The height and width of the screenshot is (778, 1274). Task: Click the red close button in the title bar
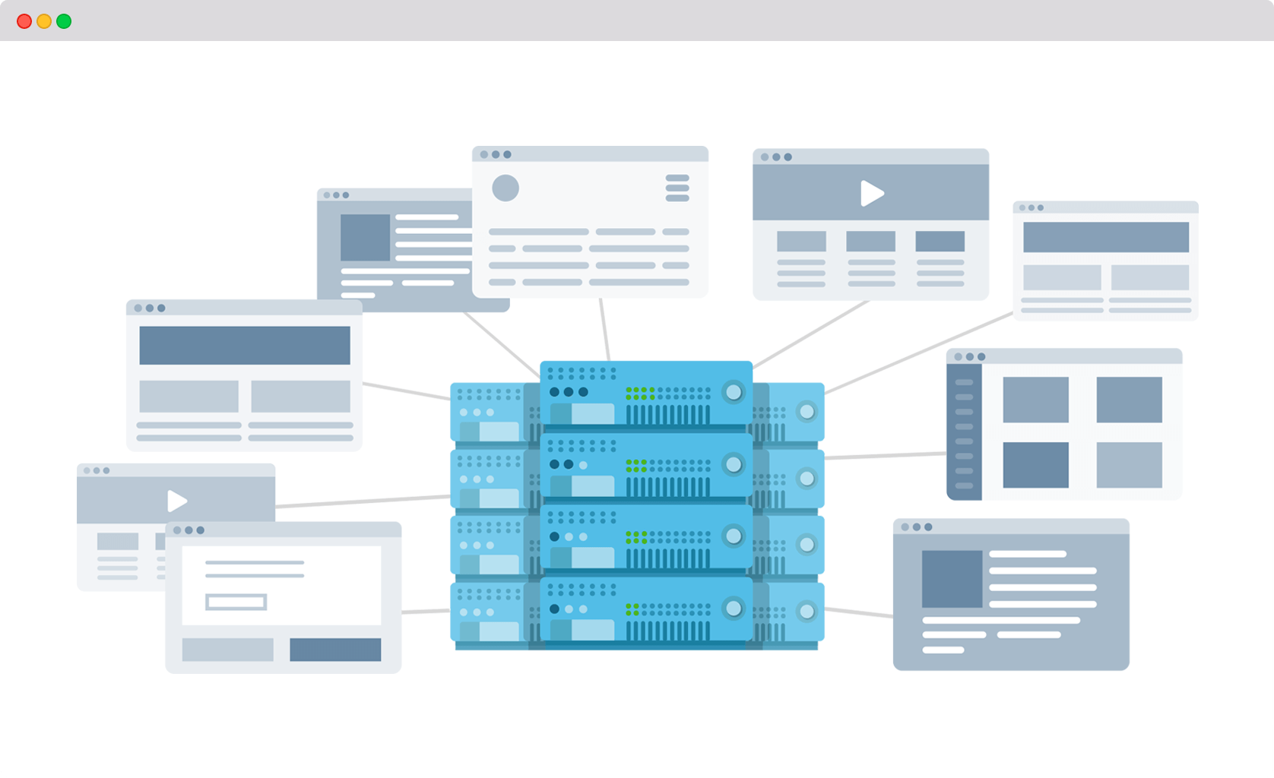24,21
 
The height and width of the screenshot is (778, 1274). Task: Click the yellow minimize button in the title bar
44,21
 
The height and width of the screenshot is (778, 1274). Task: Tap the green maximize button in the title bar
64,21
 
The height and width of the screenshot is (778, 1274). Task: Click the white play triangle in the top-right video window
871,194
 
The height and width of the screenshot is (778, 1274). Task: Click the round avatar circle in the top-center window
505,188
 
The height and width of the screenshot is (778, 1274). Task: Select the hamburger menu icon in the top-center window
677,188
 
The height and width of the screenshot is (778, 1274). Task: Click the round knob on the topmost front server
734,392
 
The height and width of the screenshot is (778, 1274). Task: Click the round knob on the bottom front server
734,608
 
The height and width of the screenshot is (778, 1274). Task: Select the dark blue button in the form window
335,650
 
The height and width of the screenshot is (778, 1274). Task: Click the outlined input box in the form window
236,602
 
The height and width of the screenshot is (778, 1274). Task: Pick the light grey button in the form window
228,650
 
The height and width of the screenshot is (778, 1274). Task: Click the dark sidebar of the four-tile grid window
964,432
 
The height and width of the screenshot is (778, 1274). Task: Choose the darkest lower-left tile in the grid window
1035,465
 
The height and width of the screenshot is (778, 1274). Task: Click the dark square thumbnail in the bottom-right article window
952,579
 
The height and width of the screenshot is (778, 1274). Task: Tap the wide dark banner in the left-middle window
245,346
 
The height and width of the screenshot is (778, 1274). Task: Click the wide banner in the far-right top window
1106,237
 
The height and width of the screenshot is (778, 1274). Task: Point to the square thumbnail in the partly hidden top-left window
365,238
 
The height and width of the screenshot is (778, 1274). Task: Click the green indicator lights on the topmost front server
640,393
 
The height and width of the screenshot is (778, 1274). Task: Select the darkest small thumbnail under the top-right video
940,242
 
